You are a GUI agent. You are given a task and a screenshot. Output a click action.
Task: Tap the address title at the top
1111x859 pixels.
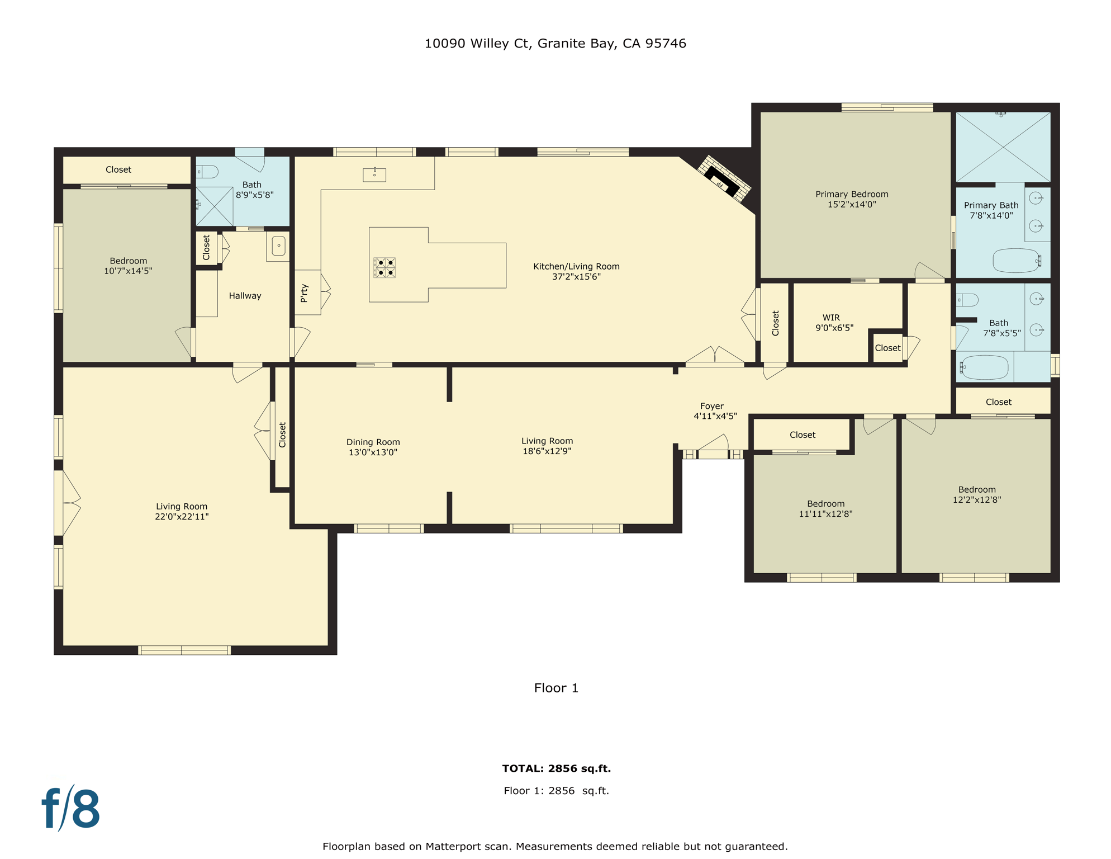(x=555, y=44)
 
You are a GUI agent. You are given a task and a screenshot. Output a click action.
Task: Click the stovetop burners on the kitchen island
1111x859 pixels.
(x=384, y=268)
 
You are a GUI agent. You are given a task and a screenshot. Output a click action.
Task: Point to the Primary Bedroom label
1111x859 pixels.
(x=851, y=199)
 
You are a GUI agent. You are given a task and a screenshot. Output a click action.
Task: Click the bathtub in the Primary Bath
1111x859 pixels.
(x=1015, y=261)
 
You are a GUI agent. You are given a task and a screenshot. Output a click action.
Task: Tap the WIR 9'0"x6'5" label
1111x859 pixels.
(x=833, y=323)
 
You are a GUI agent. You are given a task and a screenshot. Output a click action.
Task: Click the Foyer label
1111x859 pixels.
(x=714, y=411)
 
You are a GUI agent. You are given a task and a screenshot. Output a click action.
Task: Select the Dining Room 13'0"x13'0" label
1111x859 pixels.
(x=373, y=447)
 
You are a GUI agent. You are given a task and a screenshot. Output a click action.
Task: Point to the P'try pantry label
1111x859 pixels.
(x=304, y=292)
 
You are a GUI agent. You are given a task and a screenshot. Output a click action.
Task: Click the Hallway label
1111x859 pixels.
(x=245, y=296)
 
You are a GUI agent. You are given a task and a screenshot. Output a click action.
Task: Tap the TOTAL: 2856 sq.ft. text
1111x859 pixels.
(x=556, y=768)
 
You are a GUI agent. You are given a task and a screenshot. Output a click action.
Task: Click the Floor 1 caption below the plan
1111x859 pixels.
(x=556, y=688)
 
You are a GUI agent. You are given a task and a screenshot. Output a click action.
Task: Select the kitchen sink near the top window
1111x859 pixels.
(x=374, y=175)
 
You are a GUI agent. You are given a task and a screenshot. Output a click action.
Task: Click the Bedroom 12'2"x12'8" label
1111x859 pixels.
(x=976, y=494)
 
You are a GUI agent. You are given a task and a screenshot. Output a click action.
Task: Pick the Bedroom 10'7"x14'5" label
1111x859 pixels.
(x=128, y=266)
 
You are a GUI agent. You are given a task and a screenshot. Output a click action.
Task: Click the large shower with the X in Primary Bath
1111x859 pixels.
(x=1003, y=147)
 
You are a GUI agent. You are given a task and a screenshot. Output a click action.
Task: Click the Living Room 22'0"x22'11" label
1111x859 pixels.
(x=182, y=511)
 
